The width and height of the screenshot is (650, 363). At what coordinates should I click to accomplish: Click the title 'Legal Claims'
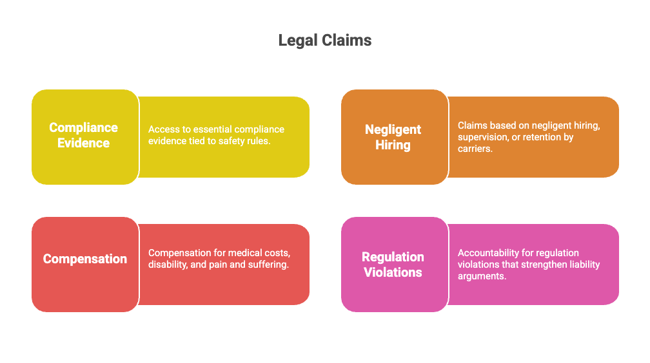324,41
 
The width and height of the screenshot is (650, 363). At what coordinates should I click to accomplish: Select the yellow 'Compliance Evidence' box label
84,135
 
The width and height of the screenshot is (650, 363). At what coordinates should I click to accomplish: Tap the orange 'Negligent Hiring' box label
393,137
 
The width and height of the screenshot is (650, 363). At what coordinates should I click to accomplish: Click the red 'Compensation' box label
84,259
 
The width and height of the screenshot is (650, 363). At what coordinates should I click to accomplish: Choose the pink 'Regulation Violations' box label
393,265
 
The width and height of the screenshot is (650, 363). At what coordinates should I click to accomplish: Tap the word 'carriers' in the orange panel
475,149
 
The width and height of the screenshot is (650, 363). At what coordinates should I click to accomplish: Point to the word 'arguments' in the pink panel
482,276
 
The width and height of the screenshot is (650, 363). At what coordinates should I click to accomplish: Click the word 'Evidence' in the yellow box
84,143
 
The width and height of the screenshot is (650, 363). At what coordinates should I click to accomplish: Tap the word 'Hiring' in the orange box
393,145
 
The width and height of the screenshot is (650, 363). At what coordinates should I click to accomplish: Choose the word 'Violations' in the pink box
393,272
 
